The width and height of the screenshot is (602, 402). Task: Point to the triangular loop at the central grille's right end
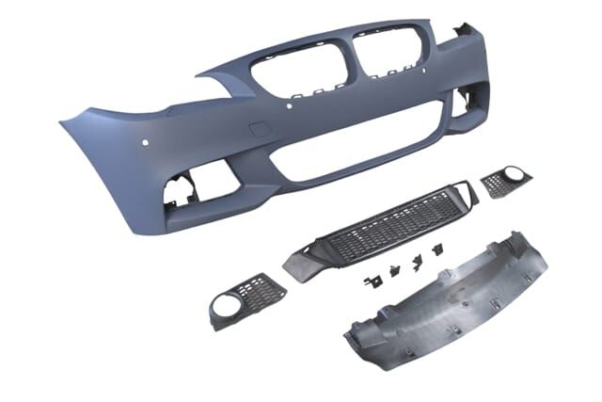(x=459, y=191)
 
